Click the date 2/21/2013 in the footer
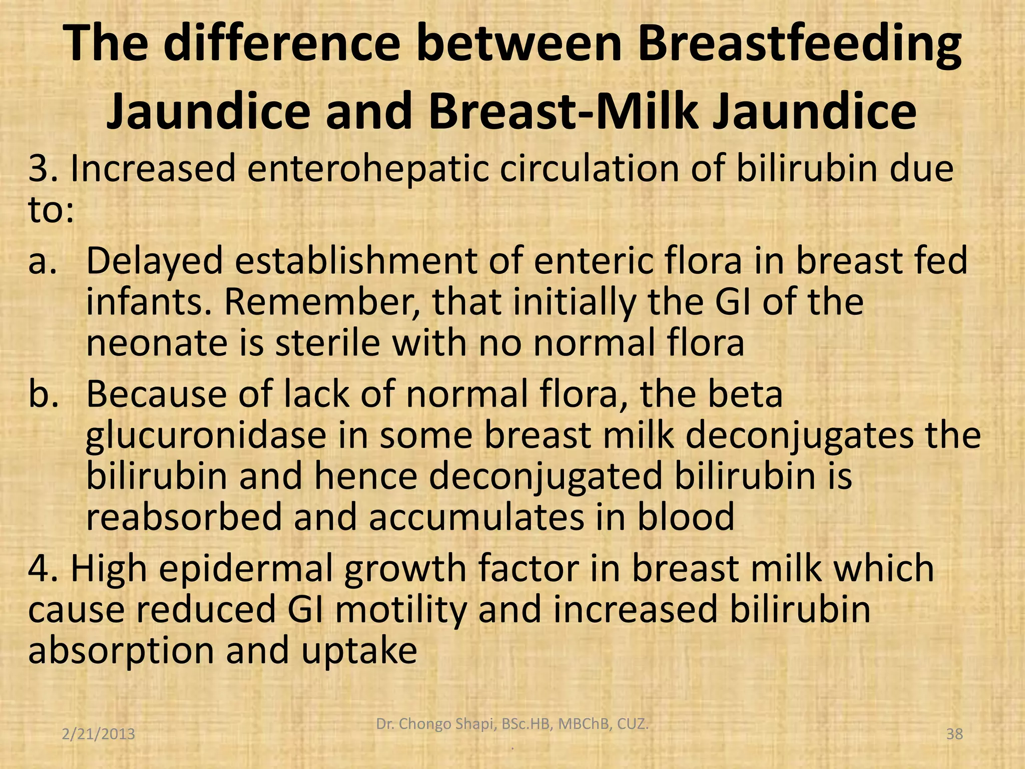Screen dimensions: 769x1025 [99, 734]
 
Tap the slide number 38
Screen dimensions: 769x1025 [954, 734]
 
